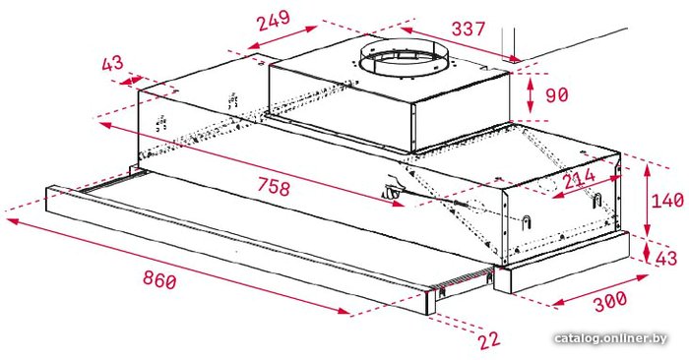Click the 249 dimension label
(274, 21)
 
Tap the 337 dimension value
(469, 29)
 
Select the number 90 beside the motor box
(557, 94)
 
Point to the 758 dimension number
(274, 187)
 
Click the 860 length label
(159, 279)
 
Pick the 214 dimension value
(579, 178)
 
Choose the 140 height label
(667, 201)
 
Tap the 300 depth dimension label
(611, 302)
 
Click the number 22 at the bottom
(489, 339)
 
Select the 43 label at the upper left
(112, 64)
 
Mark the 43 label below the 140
(666, 258)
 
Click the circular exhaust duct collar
(405, 60)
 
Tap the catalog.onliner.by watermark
(610, 339)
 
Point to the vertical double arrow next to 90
(531, 94)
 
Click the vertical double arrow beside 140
(647, 201)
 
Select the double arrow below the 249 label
(282, 37)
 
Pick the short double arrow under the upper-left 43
(131, 81)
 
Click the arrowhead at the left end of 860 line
(13, 221)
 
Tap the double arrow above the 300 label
(600, 290)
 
